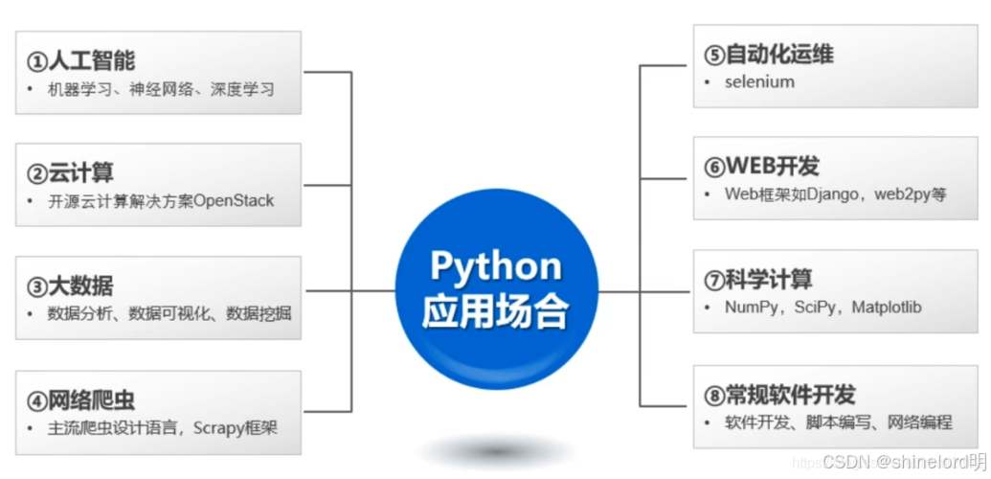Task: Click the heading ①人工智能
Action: pyautogui.click(x=80, y=61)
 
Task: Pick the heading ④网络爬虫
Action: pyautogui.click(x=80, y=399)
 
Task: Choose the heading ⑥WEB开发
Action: pyautogui.click(x=761, y=167)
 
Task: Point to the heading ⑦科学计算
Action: pyautogui.click(x=757, y=280)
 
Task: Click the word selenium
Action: pyautogui.click(x=759, y=82)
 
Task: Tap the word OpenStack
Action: pyautogui.click(x=234, y=201)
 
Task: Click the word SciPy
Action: pyautogui.click(x=815, y=308)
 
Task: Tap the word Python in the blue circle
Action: pyautogui.click(x=495, y=265)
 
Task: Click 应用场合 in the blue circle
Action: pyautogui.click(x=495, y=311)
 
